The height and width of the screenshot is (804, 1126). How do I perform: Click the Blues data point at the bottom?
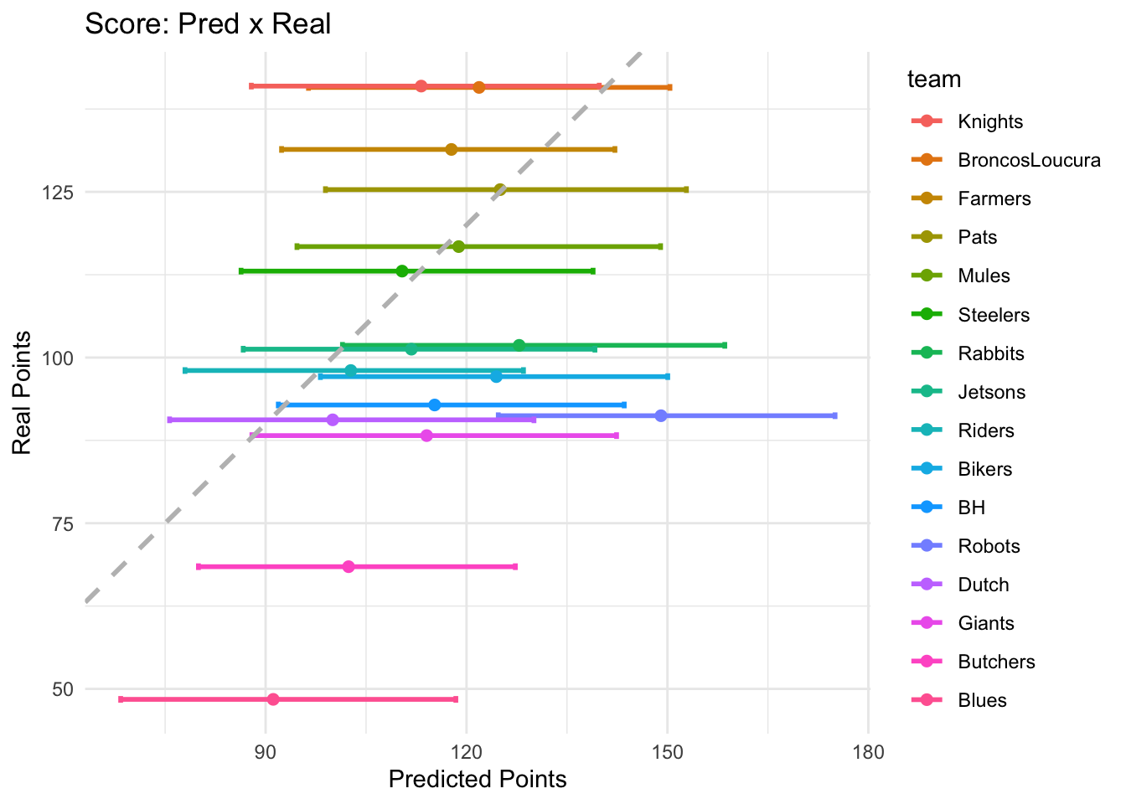coord(273,699)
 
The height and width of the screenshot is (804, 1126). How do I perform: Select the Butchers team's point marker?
coord(349,567)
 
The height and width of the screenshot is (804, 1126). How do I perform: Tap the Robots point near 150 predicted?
coord(661,416)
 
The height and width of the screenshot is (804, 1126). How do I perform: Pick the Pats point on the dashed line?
coord(500,189)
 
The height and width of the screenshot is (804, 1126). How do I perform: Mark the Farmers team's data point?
coord(452,150)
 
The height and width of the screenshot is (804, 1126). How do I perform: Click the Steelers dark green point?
coord(402,271)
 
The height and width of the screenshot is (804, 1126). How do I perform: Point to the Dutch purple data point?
coord(333,420)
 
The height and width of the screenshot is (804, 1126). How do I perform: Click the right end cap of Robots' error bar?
coord(834,416)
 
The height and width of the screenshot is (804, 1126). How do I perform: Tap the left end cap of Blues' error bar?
coord(121,699)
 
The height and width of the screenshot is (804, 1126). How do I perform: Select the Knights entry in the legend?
coord(990,121)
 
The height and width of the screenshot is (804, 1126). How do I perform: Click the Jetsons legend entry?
coord(991,392)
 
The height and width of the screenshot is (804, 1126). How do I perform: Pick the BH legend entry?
coord(971,508)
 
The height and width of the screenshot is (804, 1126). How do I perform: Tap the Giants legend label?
coord(985,623)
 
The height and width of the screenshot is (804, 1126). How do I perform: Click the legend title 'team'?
coord(934,80)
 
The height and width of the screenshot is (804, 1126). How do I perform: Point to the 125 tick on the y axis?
coord(58,192)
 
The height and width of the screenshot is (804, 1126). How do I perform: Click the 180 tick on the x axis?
coord(868,751)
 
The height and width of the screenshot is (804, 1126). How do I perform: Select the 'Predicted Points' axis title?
coord(478,780)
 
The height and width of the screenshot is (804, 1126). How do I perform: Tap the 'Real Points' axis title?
coord(22,393)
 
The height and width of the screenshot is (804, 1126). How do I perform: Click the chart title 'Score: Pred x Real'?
coord(208,23)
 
